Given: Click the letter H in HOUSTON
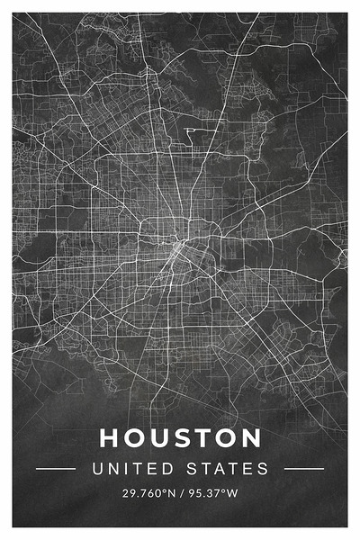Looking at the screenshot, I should pos(109,438).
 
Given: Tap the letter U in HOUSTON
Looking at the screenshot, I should pos(158,438).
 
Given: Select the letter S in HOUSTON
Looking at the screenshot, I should pos(181,438).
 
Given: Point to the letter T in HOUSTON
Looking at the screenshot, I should pos(202,438).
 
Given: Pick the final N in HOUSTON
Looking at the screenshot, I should pos(251,438).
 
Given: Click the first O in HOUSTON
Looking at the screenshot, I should pos(133,438).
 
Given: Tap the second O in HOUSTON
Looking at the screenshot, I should pos(226,438).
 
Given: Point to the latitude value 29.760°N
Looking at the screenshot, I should pos(149,494).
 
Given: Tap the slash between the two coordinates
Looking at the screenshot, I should pos(181,494).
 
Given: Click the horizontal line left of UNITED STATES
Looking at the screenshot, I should pos(55,469).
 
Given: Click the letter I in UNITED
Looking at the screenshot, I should pos(123,469).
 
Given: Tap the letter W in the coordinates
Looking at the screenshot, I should pos(232,494).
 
